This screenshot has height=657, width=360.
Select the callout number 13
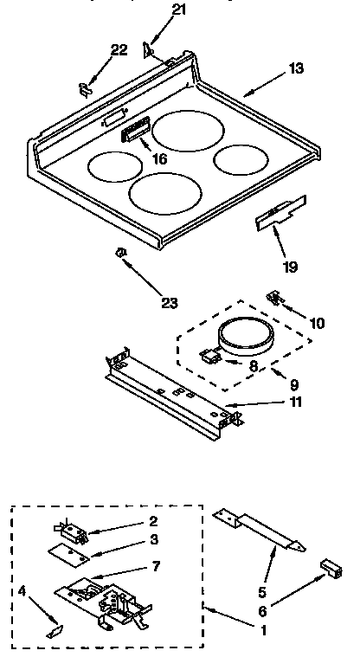click(x=297, y=68)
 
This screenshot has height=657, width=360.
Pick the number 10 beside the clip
click(x=317, y=323)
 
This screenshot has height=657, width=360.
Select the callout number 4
click(x=21, y=592)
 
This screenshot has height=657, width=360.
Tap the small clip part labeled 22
click(x=84, y=86)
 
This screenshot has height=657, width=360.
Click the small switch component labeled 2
click(x=73, y=527)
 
